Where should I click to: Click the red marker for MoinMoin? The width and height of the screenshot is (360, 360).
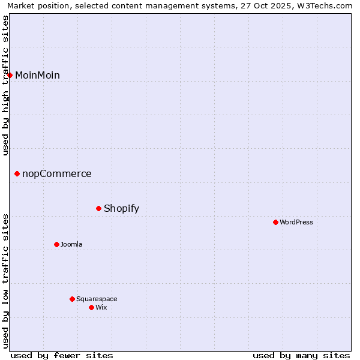point(10,75)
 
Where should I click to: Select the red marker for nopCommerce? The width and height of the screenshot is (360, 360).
point(17,174)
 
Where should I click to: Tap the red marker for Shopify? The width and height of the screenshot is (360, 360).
point(99,208)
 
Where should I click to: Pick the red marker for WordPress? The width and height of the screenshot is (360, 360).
point(275,222)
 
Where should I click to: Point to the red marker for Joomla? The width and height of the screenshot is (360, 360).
point(56,244)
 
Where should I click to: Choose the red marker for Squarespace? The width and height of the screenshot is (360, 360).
point(72,299)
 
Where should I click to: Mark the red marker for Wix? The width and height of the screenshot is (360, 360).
point(91,307)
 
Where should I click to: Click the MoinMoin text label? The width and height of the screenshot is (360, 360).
point(37,75)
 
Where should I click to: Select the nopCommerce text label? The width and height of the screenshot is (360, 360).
point(57,174)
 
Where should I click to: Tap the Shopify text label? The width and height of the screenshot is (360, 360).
point(121,209)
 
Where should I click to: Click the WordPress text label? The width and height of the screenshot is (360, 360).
point(296,222)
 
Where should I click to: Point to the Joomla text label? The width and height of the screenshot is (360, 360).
point(71,244)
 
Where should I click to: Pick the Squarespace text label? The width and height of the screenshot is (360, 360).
point(97,299)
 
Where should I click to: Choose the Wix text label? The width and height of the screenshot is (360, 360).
point(101,307)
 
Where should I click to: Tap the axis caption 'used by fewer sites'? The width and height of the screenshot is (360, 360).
point(62,355)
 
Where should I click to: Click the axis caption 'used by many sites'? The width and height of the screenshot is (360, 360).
point(301,355)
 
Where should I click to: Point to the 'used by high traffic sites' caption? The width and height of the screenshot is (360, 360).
point(6,85)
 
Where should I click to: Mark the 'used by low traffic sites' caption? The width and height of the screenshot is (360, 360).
point(6,281)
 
